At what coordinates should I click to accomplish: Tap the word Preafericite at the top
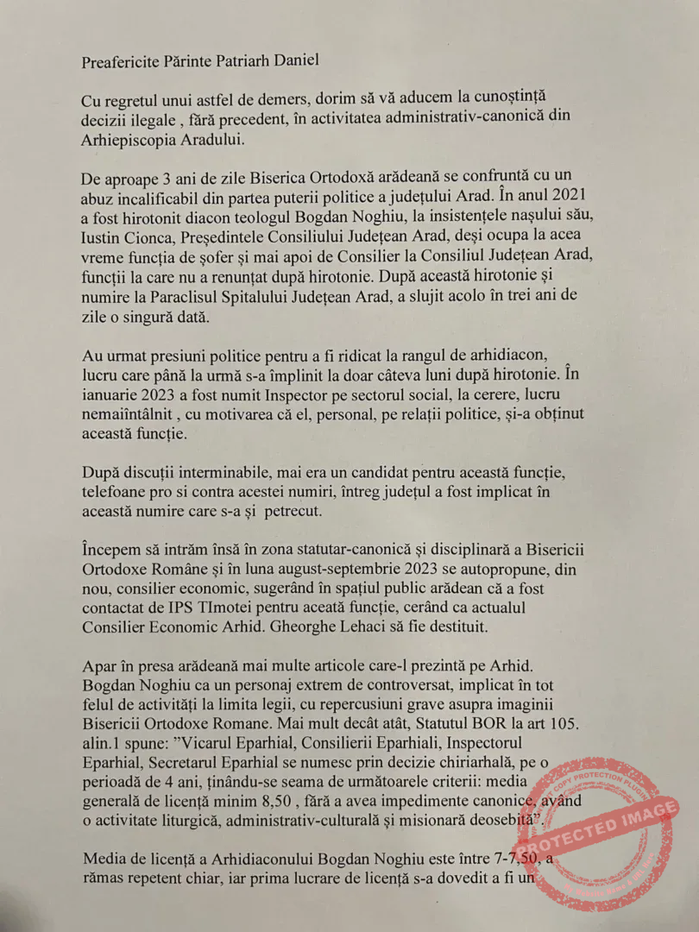(x=121, y=62)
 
